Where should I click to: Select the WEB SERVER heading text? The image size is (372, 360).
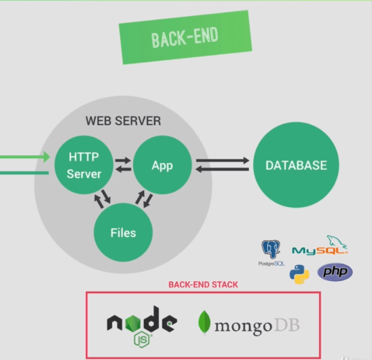pyautogui.click(x=123, y=121)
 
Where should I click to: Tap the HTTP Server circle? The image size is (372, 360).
pyautogui.click(x=85, y=166)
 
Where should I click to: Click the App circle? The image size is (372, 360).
pyautogui.click(x=162, y=166)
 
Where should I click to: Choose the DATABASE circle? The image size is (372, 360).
pyautogui.click(x=296, y=166)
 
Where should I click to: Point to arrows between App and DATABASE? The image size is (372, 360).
pyautogui.click(x=222, y=166)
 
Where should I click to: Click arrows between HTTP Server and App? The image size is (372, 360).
pyautogui.click(x=123, y=166)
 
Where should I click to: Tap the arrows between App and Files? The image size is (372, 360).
pyautogui.click(x=144, y=201)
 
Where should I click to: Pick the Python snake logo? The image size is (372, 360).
pyautogui.click(x=300, y=273)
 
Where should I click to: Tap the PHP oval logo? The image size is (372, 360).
pyautogui.click(x=335, y=272)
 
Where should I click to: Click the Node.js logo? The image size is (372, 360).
pyautogui.click(x=142, y=324)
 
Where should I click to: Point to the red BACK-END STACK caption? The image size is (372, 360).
pyautogui.click(x=203, y=285)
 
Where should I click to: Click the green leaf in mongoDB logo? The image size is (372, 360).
pyautogui.click(x=206, y=323)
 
